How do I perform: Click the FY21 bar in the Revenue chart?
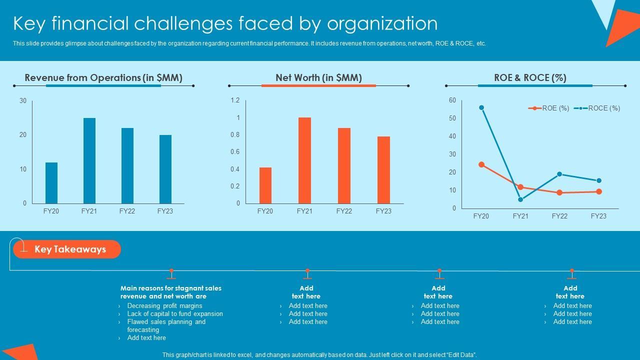pyautogui.click(x=89, y=160)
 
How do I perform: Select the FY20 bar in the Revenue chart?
pyautogui.click(x=51, y=182)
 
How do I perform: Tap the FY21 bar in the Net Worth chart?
pyautogui.click(x=304, y=160)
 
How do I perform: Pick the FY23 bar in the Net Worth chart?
pyautogui.click(x=383, y=169)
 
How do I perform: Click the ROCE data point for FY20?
pyautogui.click(x=481, y=107)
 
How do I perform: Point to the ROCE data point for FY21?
pyautogui.click(x=520, y=199)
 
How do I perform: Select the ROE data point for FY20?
pyautogui.click(x=481, y=164)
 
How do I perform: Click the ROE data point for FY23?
pyautogui.click(x=599, y=191)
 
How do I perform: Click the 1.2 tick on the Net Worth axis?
pyautogui.click(x=235, y=100)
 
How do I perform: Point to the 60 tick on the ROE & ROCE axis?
pyautogui.click(x=452, y=100)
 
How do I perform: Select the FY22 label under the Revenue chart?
pyautogui.click(x=127, y=211)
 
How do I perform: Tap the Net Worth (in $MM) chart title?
pyautogui.click(x=318, y=77)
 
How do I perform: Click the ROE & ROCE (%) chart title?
pyautogui.click(x=530, y=77)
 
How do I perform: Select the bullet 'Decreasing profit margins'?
pyautogui.click(x=164, y=306)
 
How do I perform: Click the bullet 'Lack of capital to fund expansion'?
pyautogui.click(x=175, y=314)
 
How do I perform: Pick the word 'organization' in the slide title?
pyautogui.click(x=382, y=23)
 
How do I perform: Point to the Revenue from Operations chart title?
pyautogui.click(x=103, y=77)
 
